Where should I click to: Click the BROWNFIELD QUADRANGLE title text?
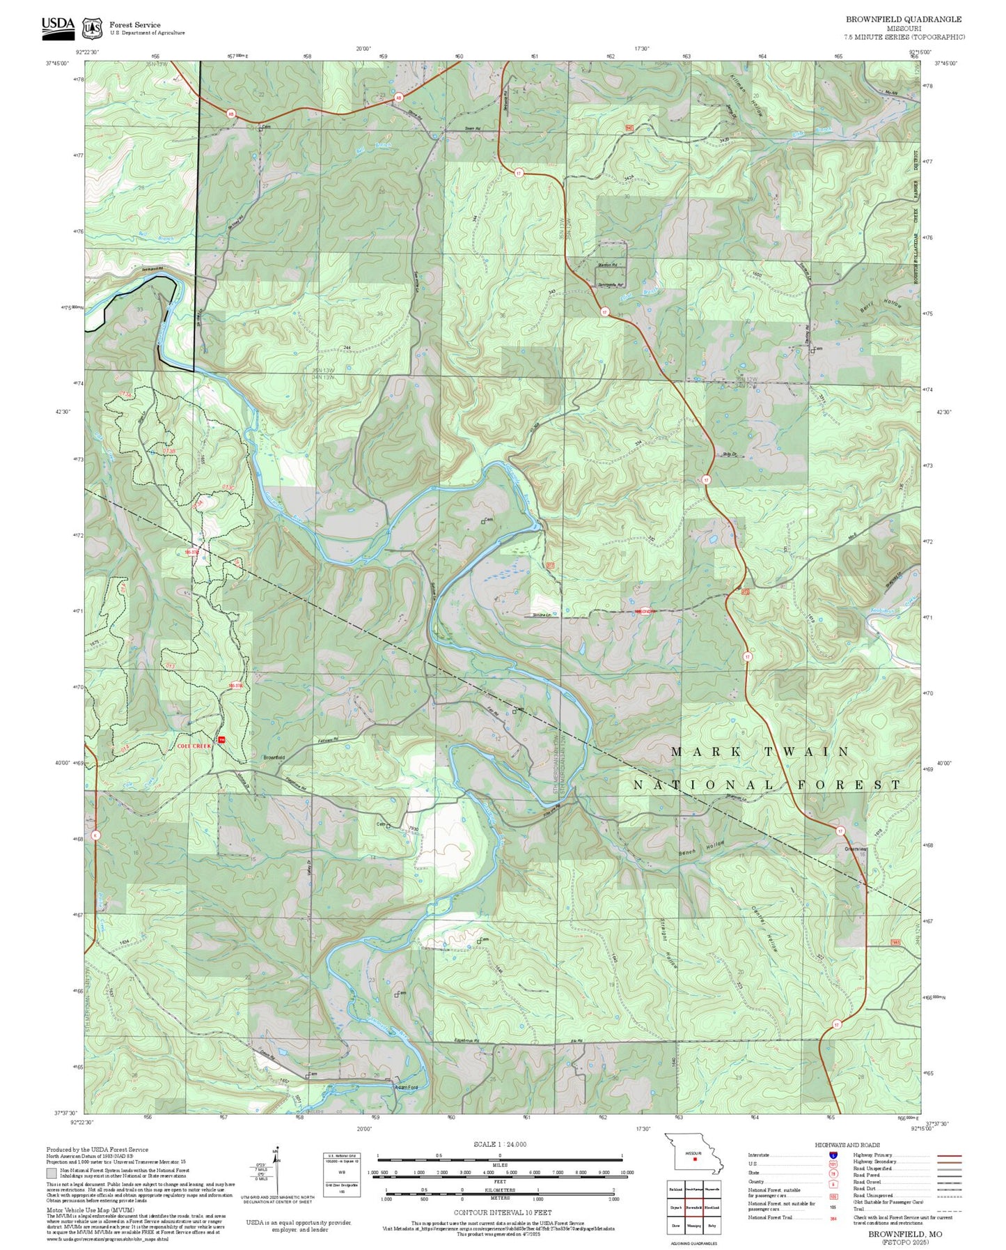tap(903, 19)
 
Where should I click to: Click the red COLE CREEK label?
tap(194, 746)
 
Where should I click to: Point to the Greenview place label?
tap(856, 849)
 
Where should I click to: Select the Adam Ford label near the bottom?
tap(406, 1087)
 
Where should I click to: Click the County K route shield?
tap(95, 835)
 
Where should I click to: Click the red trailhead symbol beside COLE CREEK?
tap(221, 739)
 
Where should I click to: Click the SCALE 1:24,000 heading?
tap(500, 1144)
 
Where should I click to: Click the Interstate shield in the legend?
tap(833, 1155)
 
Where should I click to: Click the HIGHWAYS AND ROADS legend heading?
tap(847, 1145)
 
